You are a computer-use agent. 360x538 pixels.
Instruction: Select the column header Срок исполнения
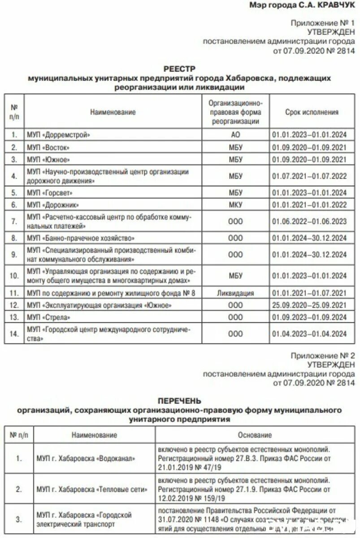(312, 112)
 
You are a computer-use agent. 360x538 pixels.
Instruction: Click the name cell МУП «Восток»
(48, 148)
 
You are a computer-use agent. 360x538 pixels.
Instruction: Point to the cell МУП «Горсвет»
(50, 193)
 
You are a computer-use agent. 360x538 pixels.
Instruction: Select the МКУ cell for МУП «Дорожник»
(235, 205)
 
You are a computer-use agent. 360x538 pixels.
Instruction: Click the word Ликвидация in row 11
(235, 293)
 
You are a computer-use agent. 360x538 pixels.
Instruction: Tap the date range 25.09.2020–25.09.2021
(309, 305)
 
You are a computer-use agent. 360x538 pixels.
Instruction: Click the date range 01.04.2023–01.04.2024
(309, 334)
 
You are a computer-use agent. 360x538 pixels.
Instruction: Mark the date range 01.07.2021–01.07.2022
(309, 176)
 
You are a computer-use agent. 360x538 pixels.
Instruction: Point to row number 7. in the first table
(14, 221)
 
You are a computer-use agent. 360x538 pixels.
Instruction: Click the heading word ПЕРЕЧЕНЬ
(179, 401)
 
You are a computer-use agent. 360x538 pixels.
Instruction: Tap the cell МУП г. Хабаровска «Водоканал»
(85, 459)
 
